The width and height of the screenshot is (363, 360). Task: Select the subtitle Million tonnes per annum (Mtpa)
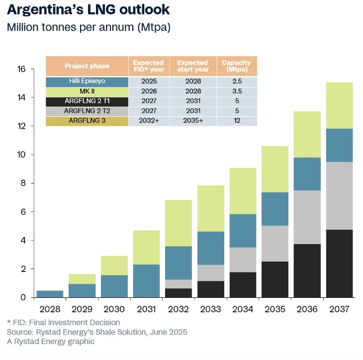point(89,27)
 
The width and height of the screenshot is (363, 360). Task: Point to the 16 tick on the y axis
point(20,69)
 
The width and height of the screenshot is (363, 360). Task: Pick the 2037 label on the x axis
point(338,309)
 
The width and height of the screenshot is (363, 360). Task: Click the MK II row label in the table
point(87,91)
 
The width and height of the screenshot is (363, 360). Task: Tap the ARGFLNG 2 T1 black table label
point(87,101)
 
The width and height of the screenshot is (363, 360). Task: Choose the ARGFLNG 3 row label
point(87,121)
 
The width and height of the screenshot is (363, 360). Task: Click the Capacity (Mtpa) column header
point(236,66)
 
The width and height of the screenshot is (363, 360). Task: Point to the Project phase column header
point(87,66)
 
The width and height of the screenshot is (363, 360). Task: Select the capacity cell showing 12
point(236,121)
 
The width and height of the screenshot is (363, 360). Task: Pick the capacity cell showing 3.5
point(236,91)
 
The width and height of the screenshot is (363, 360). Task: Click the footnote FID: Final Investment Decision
point(63,323)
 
